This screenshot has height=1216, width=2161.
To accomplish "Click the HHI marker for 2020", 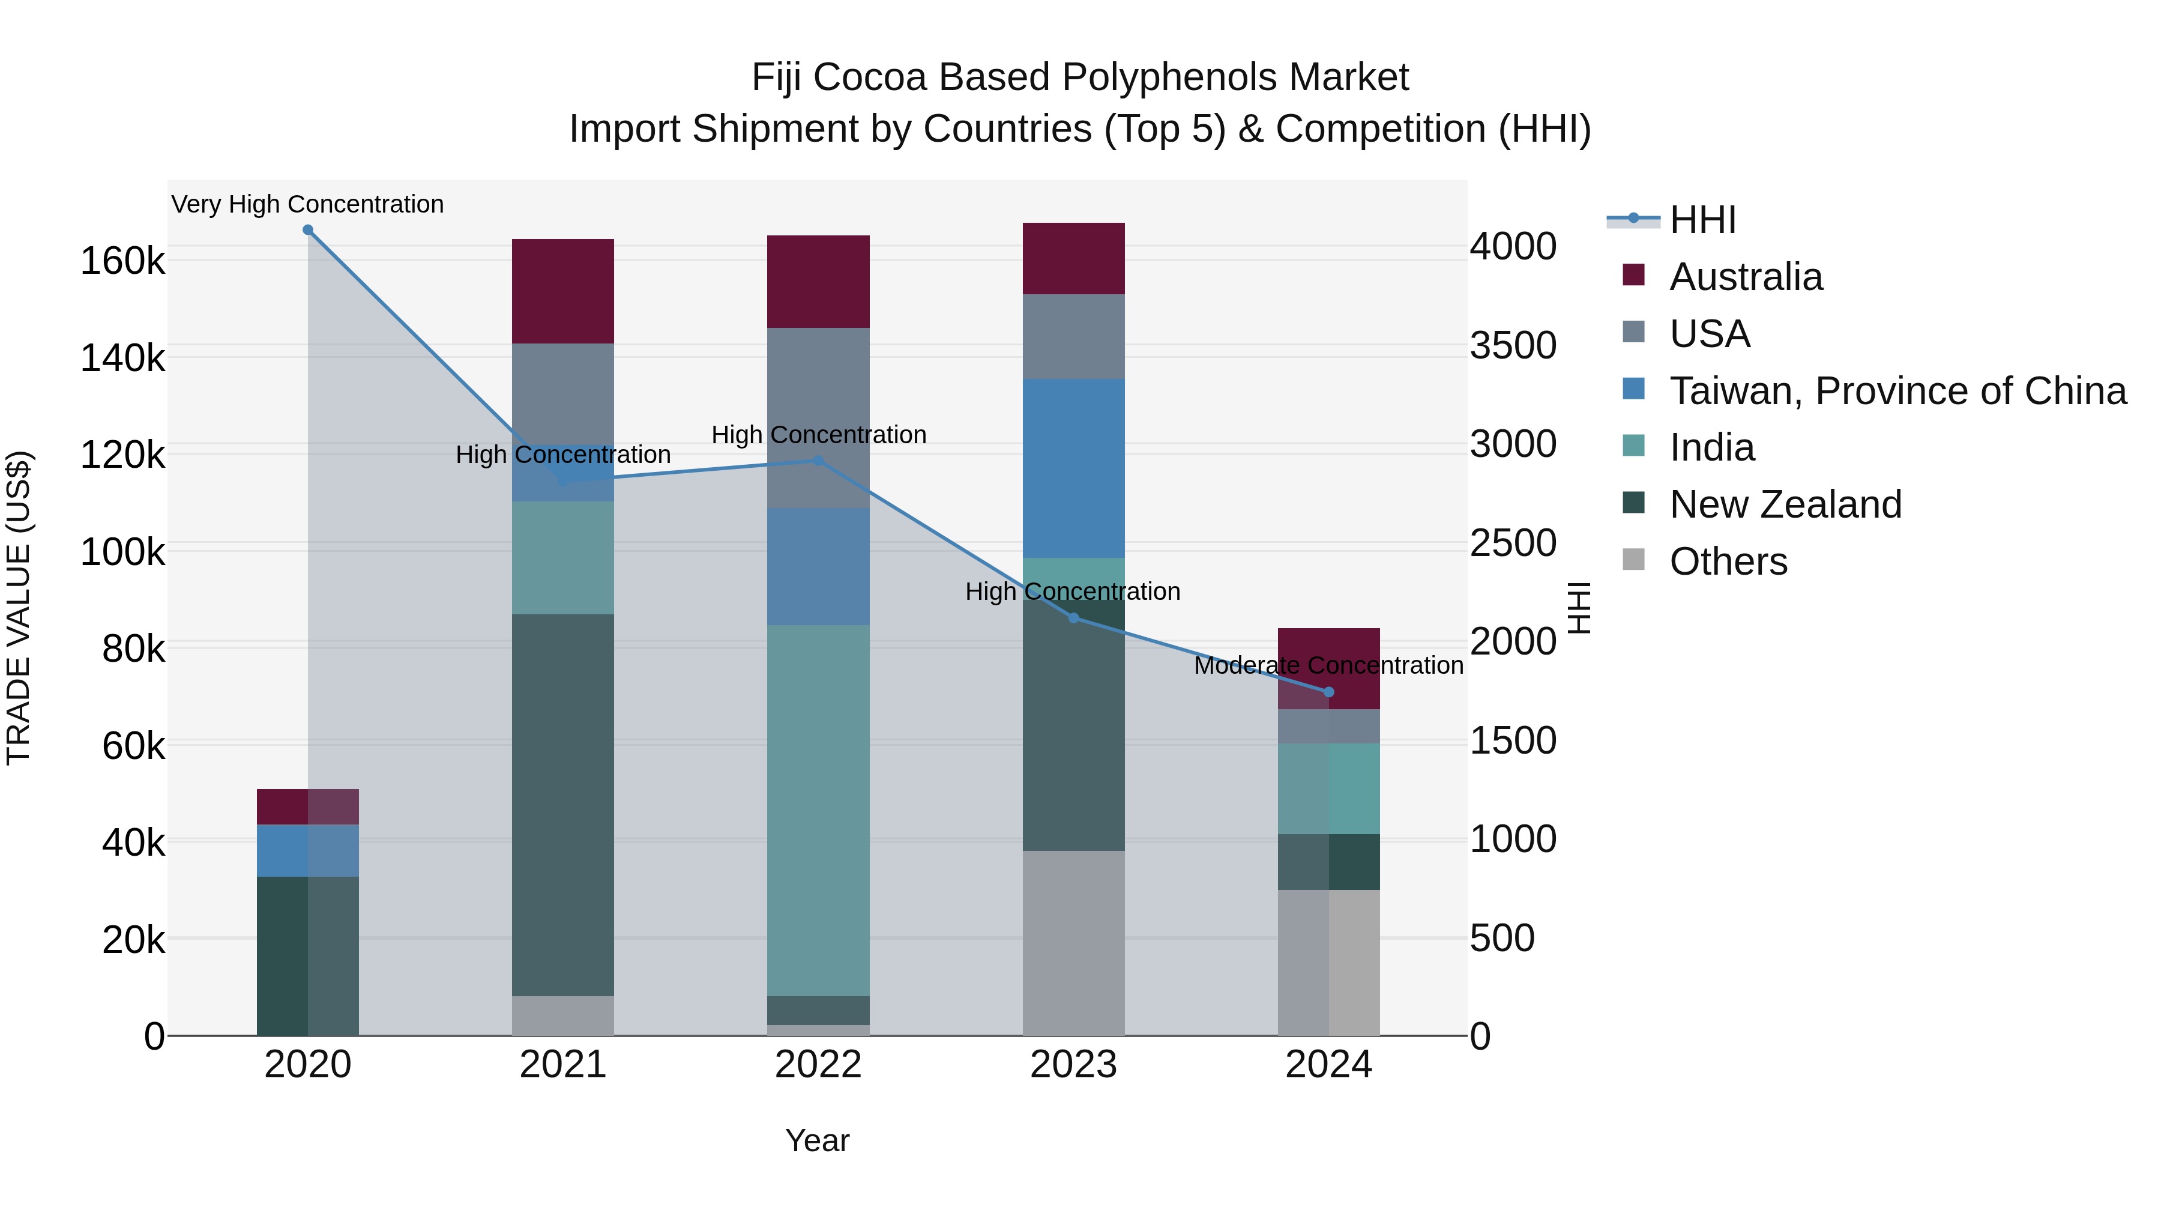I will coord(308,230).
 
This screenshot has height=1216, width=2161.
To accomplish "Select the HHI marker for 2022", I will coord(819,461).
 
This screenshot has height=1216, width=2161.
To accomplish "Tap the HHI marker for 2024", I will coord(1329,692).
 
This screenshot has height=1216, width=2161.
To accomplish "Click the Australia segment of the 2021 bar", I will coord(563,291).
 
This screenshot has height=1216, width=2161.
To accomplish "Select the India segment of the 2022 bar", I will coord(819,810).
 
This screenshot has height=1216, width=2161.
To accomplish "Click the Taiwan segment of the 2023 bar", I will coord(1074,468).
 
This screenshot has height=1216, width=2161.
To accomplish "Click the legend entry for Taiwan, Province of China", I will coord(1897,391).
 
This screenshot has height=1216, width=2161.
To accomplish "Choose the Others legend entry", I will coord(1728,561).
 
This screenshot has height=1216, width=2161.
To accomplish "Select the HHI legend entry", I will coord(1702,220).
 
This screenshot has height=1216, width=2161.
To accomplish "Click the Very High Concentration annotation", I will coord(308,204).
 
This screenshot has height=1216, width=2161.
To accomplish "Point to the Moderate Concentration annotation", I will coord(1329,665).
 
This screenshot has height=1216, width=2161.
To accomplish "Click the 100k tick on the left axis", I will coord(122,552).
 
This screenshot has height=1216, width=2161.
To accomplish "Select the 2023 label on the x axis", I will coord(1074,1065).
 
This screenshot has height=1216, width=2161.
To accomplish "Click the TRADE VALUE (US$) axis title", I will coord(19,608).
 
